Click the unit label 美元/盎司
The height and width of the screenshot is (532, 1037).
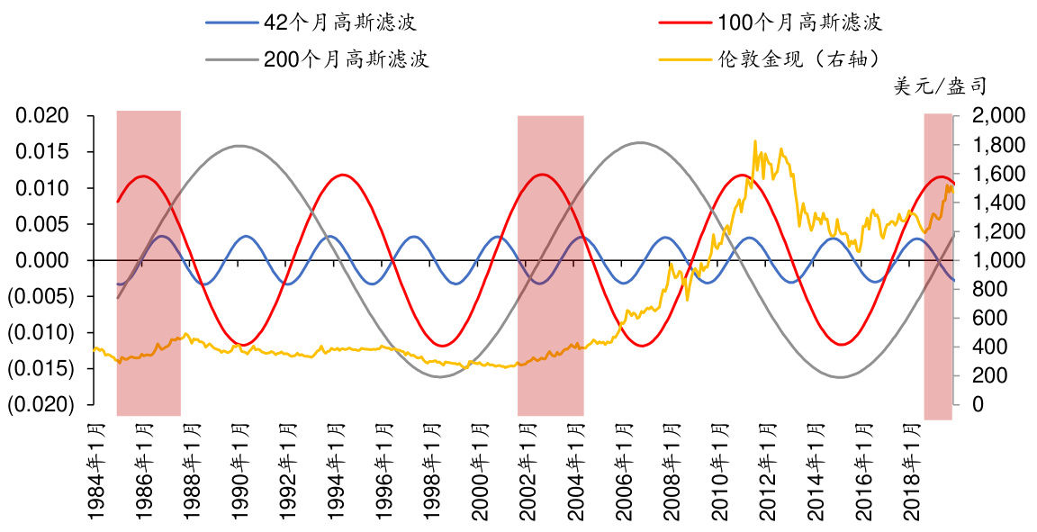(940, 87)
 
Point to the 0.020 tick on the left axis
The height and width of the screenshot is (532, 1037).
(45, 116)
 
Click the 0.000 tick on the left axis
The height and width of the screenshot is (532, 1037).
(45, 260)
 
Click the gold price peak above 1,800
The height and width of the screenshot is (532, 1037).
(754, 141)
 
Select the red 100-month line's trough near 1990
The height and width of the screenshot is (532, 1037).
(241, 345)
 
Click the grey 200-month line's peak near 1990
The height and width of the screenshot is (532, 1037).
(240, 146)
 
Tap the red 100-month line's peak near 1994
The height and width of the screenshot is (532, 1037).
(341, 175)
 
